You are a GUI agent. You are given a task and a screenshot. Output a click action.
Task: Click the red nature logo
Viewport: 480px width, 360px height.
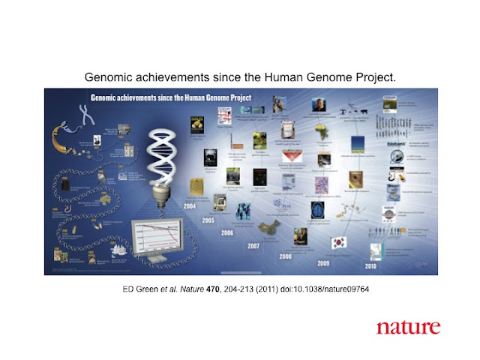408,327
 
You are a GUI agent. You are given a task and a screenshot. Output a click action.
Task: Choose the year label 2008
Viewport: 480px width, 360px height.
286,256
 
